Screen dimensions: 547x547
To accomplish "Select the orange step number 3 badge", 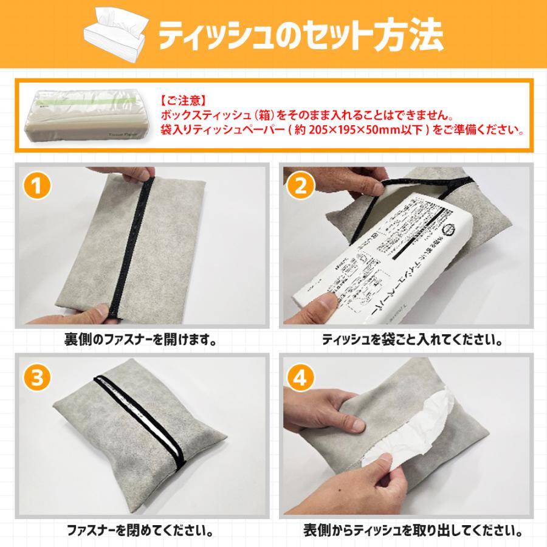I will click(x=38, y=378).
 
